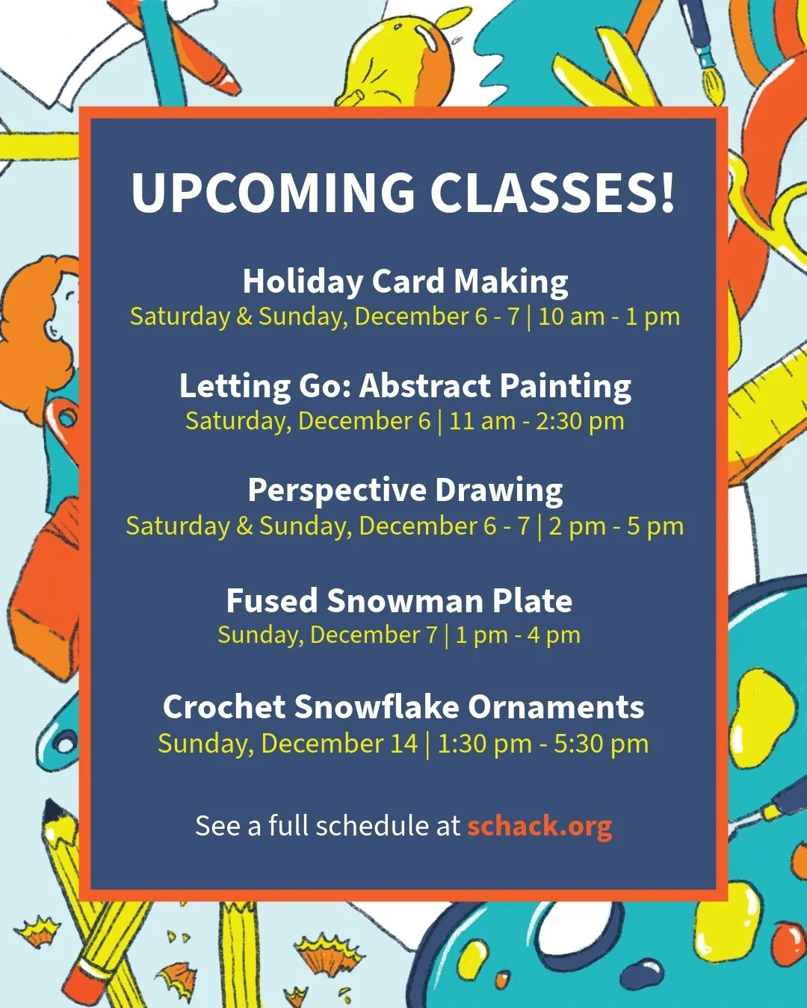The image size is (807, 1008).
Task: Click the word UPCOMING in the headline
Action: coord(273,193)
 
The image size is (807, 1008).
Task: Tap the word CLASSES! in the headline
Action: coord(552,193)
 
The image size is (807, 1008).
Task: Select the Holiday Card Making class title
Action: coord(405,281)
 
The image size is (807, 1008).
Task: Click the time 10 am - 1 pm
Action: coord(608,317)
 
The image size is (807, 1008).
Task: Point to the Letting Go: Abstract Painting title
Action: coord(405,386)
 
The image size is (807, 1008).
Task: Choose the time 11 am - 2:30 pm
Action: coord(536,421)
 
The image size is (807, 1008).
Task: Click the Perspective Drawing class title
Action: coord(405,491)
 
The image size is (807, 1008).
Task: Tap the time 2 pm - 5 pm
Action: coord(616,526)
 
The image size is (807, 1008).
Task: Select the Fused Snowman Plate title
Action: coord(399,600)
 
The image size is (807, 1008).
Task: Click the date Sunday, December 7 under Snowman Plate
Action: coord(327,635)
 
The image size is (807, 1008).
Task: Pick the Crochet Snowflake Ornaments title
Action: coord(403,707)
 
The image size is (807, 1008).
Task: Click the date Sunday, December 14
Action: coord(288,744)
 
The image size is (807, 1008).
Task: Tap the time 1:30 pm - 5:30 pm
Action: coord(542,744)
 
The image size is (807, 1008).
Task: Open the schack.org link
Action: coord(539,826)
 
